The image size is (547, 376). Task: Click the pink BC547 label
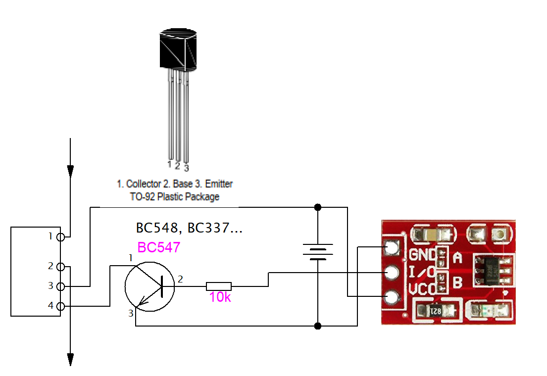point(158,247)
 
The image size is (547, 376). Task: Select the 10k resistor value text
point(219,297)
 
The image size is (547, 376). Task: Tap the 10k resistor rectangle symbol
point(219,285)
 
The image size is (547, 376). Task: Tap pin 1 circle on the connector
point(61,237)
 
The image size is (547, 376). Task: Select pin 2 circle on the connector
point(61,267)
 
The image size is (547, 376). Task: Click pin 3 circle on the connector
point(61,286)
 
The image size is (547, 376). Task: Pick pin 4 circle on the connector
point(61,306)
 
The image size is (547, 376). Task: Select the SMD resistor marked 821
point(436,311)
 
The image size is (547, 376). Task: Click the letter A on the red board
point(457,257)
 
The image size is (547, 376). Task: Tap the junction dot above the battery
point(318,207)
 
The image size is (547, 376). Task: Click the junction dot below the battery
point(318,326)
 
